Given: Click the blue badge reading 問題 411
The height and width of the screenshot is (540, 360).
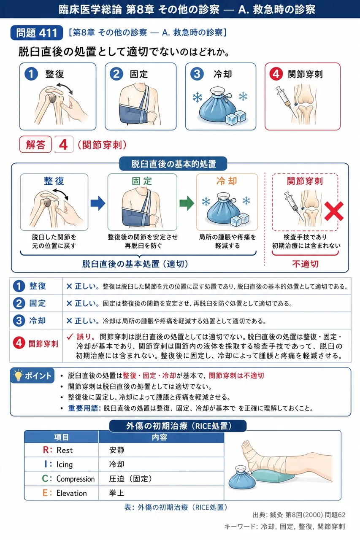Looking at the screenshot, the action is [37, 33].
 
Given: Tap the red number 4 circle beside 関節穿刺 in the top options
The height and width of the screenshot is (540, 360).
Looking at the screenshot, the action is [276, 74].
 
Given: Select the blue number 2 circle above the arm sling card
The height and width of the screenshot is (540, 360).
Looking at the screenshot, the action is [116, 74].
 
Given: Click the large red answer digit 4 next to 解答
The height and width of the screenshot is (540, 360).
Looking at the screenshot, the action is [63, 145].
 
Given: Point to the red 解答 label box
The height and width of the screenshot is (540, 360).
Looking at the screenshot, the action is [35, 144].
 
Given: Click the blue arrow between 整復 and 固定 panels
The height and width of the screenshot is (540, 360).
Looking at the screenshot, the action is [98, 203].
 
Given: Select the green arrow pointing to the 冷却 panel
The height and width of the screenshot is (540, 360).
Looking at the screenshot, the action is [187, 203].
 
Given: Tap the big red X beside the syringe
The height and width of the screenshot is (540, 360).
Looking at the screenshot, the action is [334, 211].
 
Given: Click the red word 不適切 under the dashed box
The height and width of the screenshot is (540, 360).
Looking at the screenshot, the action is [305, 264].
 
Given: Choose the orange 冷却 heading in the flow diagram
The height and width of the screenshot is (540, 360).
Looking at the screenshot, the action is [227, 181].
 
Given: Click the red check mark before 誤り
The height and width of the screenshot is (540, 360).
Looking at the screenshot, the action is [70, 336].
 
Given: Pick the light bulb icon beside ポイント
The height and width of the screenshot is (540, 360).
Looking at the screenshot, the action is [18, 375].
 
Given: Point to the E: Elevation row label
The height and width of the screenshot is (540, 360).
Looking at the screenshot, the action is [65, 493].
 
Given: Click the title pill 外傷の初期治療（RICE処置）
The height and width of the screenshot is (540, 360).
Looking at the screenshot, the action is [178, 426].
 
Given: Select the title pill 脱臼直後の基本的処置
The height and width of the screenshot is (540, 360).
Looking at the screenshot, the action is [173, 164].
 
